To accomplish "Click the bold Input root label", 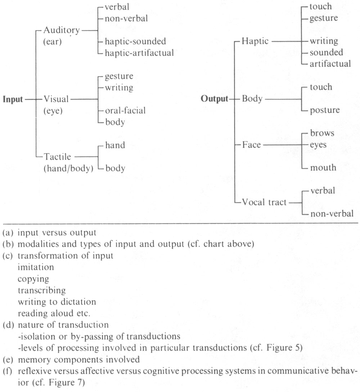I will click(x=13, y=99).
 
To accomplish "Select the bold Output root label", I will click(x=214, y=99).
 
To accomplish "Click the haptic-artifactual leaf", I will click(x=139, y=53).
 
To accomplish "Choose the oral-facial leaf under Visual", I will click(x=125, y=110).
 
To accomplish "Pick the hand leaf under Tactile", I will click(x=115, y=145).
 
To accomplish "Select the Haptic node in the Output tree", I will click(x=255, y=41).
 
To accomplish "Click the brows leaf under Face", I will click(x=322, y=133).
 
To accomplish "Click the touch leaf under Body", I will click(x=321, y=87).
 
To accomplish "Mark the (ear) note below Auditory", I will click(x=52, y=42).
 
